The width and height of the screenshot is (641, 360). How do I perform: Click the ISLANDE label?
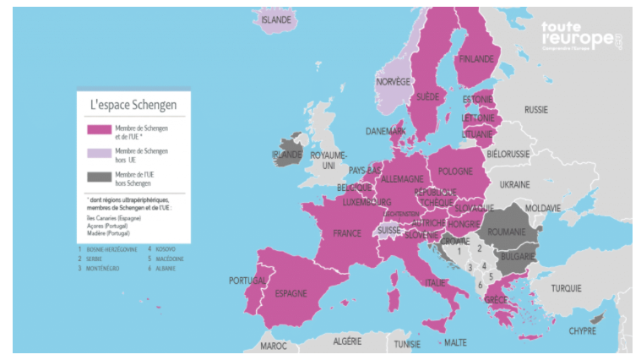tap(276, 19)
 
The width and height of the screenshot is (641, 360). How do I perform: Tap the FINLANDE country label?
tap(476, 59)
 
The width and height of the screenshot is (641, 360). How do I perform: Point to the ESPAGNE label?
tap(291, 293)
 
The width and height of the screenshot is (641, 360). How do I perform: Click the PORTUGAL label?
tap(247, 280)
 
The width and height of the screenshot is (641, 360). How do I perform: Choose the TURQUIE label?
tap(566, 288)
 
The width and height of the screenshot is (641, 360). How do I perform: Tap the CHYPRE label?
tap(583, 330)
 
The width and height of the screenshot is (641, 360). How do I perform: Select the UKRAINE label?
tap(514, 183)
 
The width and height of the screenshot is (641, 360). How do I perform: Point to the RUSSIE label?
tap(535, 110)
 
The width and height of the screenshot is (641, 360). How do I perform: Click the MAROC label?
tap(273, 346)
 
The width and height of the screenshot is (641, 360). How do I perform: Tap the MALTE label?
tap(455, 343)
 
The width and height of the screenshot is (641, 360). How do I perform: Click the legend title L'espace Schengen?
tap(133, 105)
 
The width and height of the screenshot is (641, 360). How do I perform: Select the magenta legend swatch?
tap(99, 130)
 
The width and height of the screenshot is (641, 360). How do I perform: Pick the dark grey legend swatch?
tap(99, 177)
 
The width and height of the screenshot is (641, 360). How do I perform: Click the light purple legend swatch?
tap(99, 154)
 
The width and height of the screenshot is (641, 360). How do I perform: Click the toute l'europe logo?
tap(581, 38)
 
